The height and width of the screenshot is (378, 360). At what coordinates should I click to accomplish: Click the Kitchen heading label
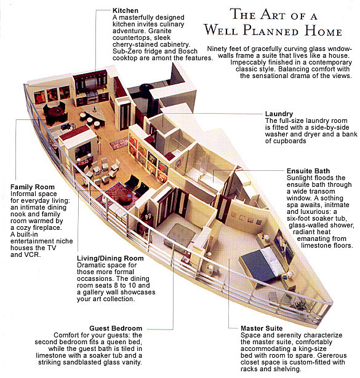click(x=126, y=10)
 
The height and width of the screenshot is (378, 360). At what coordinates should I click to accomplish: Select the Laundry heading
click(x=279, y=114)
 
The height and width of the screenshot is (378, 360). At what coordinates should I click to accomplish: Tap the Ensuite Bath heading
click(x=308, y=171)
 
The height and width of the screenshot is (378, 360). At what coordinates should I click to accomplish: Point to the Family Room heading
click(x=33, y=187)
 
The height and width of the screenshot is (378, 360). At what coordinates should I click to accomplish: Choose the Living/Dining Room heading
click(x=110, y=258)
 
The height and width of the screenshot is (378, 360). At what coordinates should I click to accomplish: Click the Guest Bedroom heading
click(x=116, y=328)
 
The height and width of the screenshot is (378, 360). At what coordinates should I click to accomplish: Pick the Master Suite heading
click(x=262, y=328)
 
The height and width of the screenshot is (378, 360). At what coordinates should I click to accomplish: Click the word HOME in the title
click(x=323, y=31)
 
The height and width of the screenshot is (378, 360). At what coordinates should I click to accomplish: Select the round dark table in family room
click(x=56, y=111)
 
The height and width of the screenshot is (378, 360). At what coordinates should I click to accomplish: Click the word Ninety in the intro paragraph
click(x=217, y=49)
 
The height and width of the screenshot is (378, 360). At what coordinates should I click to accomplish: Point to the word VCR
click(x=31, y=254)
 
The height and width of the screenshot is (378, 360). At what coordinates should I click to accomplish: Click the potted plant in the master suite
click(x=300, y=305)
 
